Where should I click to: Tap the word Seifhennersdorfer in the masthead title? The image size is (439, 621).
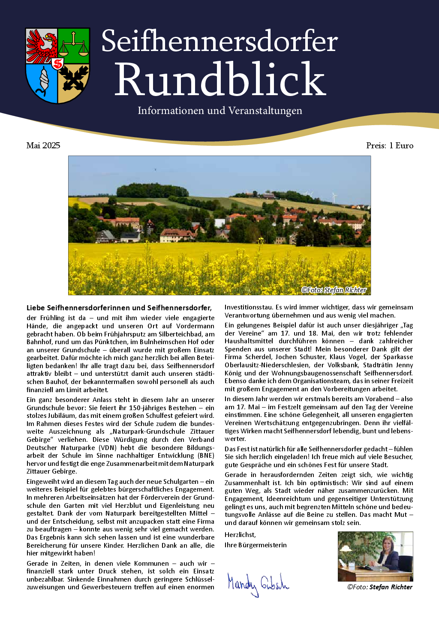[x=219, y=42]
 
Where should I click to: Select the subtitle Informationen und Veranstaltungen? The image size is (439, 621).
[x=219, y=111]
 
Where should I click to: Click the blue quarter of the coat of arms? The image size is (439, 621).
[x=41, y=84]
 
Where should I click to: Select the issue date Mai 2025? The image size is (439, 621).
[x=43, y=145]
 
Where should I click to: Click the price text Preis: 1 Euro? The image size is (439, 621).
[x=390, y=145]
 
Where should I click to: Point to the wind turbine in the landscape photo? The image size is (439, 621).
[x=334, y=198]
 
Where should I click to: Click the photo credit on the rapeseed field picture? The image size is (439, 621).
[x=334, y=290]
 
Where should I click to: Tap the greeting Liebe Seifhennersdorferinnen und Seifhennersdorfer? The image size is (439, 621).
[x=119, y=308]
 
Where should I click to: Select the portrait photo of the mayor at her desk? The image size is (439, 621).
[x=375, y=556]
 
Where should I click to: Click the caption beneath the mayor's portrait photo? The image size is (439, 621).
[x=380, y=587]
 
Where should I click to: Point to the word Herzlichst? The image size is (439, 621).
[x=240, y=535]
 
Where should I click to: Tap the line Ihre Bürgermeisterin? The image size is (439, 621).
[x=256, y=545]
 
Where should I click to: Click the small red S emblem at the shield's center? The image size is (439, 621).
[x=57, y=64]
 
